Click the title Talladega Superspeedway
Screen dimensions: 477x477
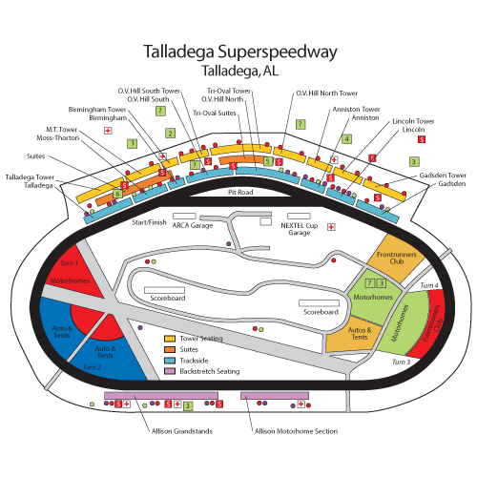point(238,52)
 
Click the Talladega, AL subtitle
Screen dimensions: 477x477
point(238,71)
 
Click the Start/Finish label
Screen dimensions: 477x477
point(149,221)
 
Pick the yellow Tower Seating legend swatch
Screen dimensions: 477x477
point(171,338)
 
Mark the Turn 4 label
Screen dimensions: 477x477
point(429,285)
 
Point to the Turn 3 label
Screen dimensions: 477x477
point(402,363)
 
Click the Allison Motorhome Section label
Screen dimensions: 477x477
point(296,431)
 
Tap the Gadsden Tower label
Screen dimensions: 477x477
point(446,176)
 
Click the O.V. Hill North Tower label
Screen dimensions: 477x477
point(326,93)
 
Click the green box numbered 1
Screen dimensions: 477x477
point(132,143)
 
